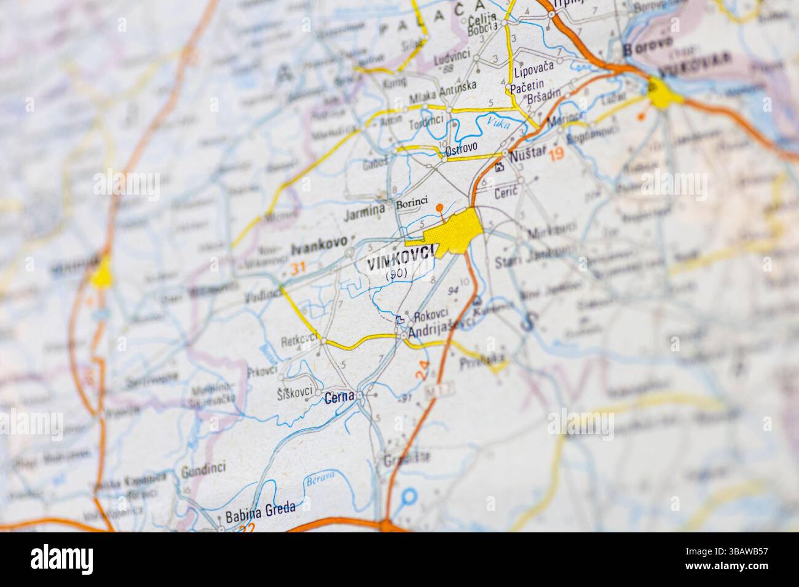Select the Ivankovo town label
click(x=318, y=247)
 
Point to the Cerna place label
click(x=339, y=397)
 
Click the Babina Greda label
click(x=260, y=509)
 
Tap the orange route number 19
click(x=557, y=155)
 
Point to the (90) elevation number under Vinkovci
click(x=396, y=276)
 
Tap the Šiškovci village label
click(x=294, y=392)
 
